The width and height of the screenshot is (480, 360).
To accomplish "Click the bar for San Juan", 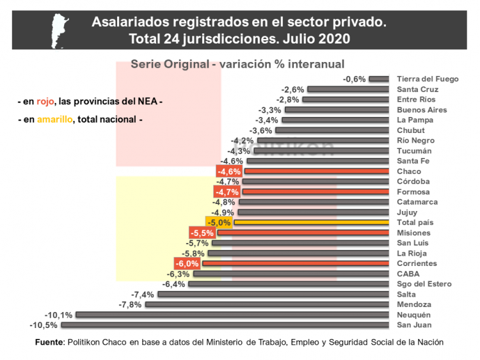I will tap(225, 325).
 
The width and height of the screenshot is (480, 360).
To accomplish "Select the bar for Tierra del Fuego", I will tap(379, 79).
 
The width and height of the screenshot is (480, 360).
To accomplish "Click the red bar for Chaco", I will tap(316, 171).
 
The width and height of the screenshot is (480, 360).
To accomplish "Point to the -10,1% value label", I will tap(58, 315).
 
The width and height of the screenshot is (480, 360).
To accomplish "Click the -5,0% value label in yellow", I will tap(219, 223).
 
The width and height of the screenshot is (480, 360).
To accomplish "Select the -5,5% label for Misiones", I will tap(202, 233).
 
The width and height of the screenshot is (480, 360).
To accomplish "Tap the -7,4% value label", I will tap(143, 294).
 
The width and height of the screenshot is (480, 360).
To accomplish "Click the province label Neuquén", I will tap(414, 315).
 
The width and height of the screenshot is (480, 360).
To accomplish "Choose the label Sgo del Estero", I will tap(424, 284).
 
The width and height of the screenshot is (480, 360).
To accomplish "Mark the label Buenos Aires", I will tap(422, 110).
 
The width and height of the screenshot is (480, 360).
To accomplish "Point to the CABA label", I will tap(408, 274).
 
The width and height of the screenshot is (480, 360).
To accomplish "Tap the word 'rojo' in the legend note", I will tap(44, 101).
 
